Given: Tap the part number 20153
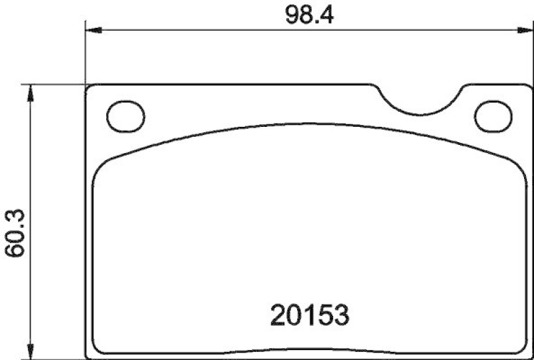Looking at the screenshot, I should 310,315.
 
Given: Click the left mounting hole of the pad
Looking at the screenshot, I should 125,116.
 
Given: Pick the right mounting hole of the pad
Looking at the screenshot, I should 492,116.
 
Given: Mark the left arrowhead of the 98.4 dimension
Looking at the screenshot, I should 93,30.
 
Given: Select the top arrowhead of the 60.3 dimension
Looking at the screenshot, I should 29,92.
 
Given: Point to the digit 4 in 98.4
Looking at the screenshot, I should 326,13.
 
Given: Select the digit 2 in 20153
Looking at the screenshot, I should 279,315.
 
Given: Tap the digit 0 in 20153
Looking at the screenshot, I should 294,315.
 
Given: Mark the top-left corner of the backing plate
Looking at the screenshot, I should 89,87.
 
